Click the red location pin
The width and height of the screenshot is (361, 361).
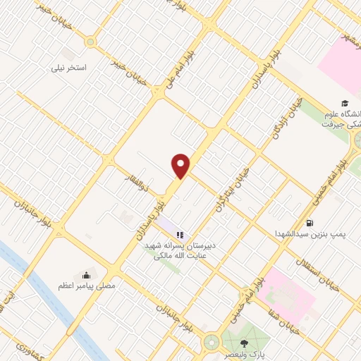click(x=181, y=165)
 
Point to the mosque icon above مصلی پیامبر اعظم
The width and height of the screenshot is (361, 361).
click(x=86, y=275)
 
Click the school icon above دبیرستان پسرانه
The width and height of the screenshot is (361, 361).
click(x=180, y=235)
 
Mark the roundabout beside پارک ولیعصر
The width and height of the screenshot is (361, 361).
click(x=210, y=343)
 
